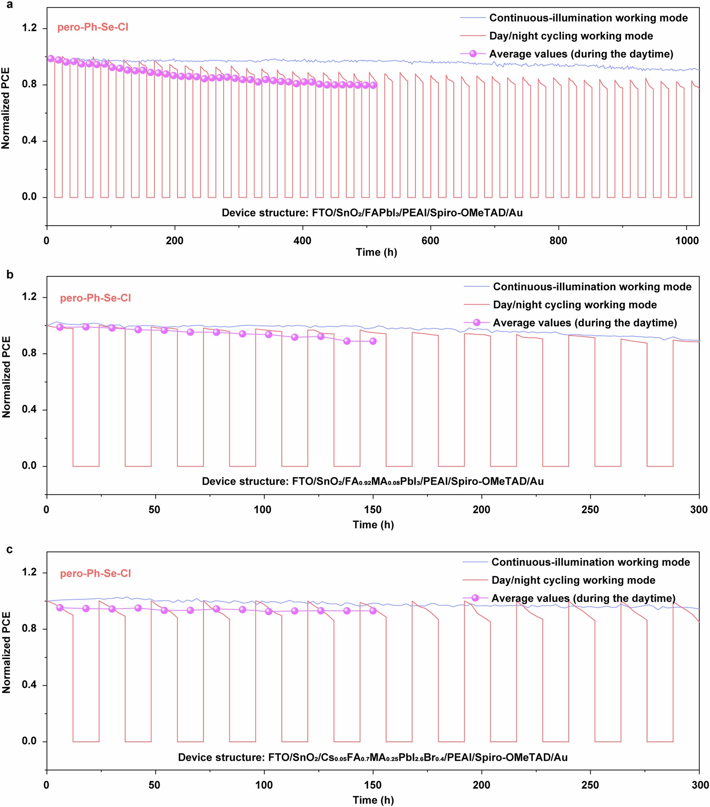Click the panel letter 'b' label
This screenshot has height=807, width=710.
[x=10, y=275]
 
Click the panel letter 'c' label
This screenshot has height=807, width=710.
[x=10, y=549]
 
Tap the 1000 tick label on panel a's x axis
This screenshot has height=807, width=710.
[x=687, y=241]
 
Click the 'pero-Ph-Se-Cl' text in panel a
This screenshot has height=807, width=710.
[x=93, y=27]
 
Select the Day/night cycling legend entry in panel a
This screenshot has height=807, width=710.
[x=571, y=36]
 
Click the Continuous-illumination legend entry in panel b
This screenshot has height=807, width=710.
[x=592, y=287]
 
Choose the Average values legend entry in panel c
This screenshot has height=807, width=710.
[x=583, y=598]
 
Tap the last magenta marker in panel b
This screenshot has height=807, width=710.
[x=373, y=341]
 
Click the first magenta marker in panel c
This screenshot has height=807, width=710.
[x=60, y=607]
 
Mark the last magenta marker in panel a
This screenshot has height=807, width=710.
[x=373, y=85]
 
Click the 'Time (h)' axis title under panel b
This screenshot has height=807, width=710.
[x=373, y=525]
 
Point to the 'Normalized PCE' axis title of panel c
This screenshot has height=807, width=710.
[x=6, y=652]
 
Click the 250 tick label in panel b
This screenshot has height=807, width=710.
[x=590, y=510]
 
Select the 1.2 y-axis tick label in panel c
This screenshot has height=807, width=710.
[x=29, y=572]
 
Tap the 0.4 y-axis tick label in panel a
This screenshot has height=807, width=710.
[x=29, y=141]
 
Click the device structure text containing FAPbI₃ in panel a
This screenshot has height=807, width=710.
[x=372, y=213]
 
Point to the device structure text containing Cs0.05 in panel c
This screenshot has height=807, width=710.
[x=373, y=757]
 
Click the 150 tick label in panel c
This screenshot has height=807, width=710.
[x=373, y=785]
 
